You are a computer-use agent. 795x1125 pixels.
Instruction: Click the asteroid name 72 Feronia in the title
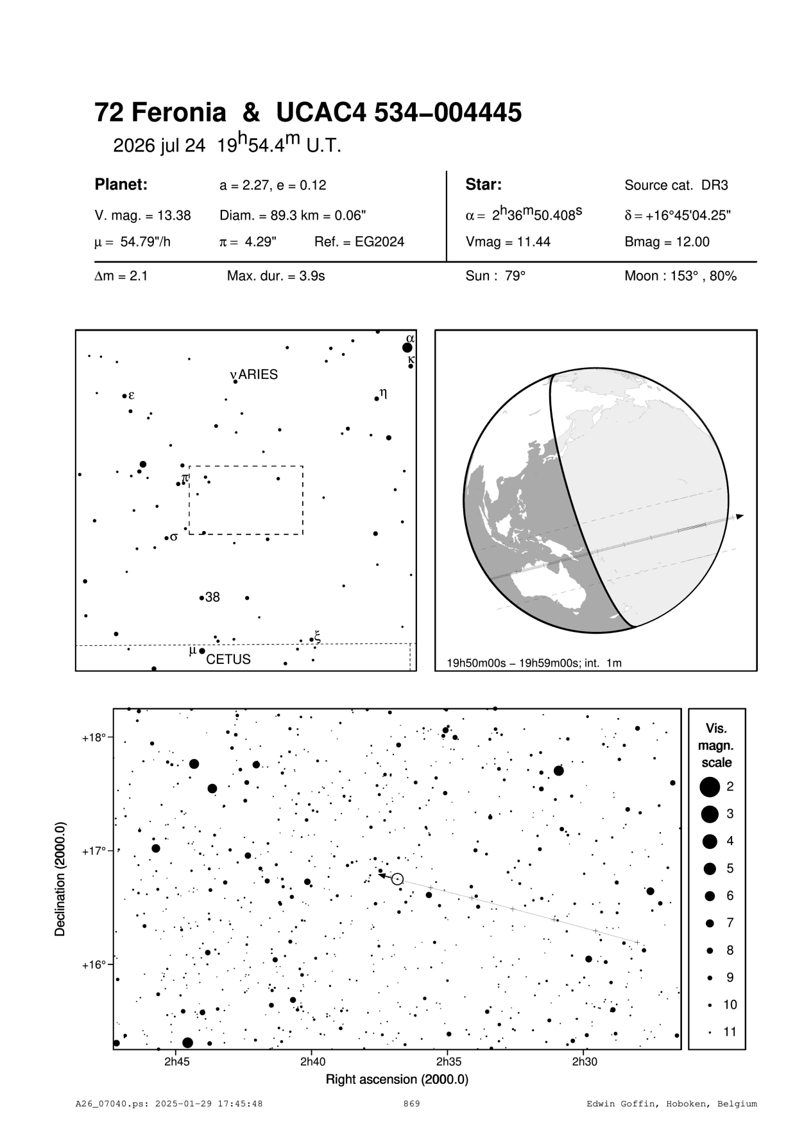click(160, 113)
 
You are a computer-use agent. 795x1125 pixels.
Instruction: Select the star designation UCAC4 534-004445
click(398, 113)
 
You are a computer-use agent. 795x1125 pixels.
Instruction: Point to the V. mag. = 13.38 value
click(142, 216)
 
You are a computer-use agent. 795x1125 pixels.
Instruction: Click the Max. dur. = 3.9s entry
click(276, 277)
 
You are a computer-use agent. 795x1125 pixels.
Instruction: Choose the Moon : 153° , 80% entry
click(680, 277)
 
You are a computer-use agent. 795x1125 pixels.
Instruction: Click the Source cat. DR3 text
click(676, 186)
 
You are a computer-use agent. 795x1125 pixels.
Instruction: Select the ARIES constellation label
click(259, 375)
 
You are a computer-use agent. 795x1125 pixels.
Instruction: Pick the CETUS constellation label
click(228, 659)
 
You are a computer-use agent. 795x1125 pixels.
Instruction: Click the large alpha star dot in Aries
click(407, 348)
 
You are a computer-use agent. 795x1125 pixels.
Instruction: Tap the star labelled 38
click(202, 598)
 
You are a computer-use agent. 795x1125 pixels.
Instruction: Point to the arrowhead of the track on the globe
click(740, 516)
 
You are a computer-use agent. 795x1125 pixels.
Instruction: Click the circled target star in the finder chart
click(397, 878)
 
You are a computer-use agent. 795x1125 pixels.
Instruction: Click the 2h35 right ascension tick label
click(448, 1061)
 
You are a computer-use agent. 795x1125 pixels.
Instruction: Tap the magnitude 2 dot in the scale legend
click(709, 786)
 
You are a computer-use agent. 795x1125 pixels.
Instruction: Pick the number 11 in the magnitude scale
click(730, 1032)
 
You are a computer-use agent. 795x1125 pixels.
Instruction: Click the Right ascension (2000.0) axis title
click(397, 1079)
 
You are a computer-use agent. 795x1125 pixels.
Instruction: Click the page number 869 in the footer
click(411, 1104)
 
